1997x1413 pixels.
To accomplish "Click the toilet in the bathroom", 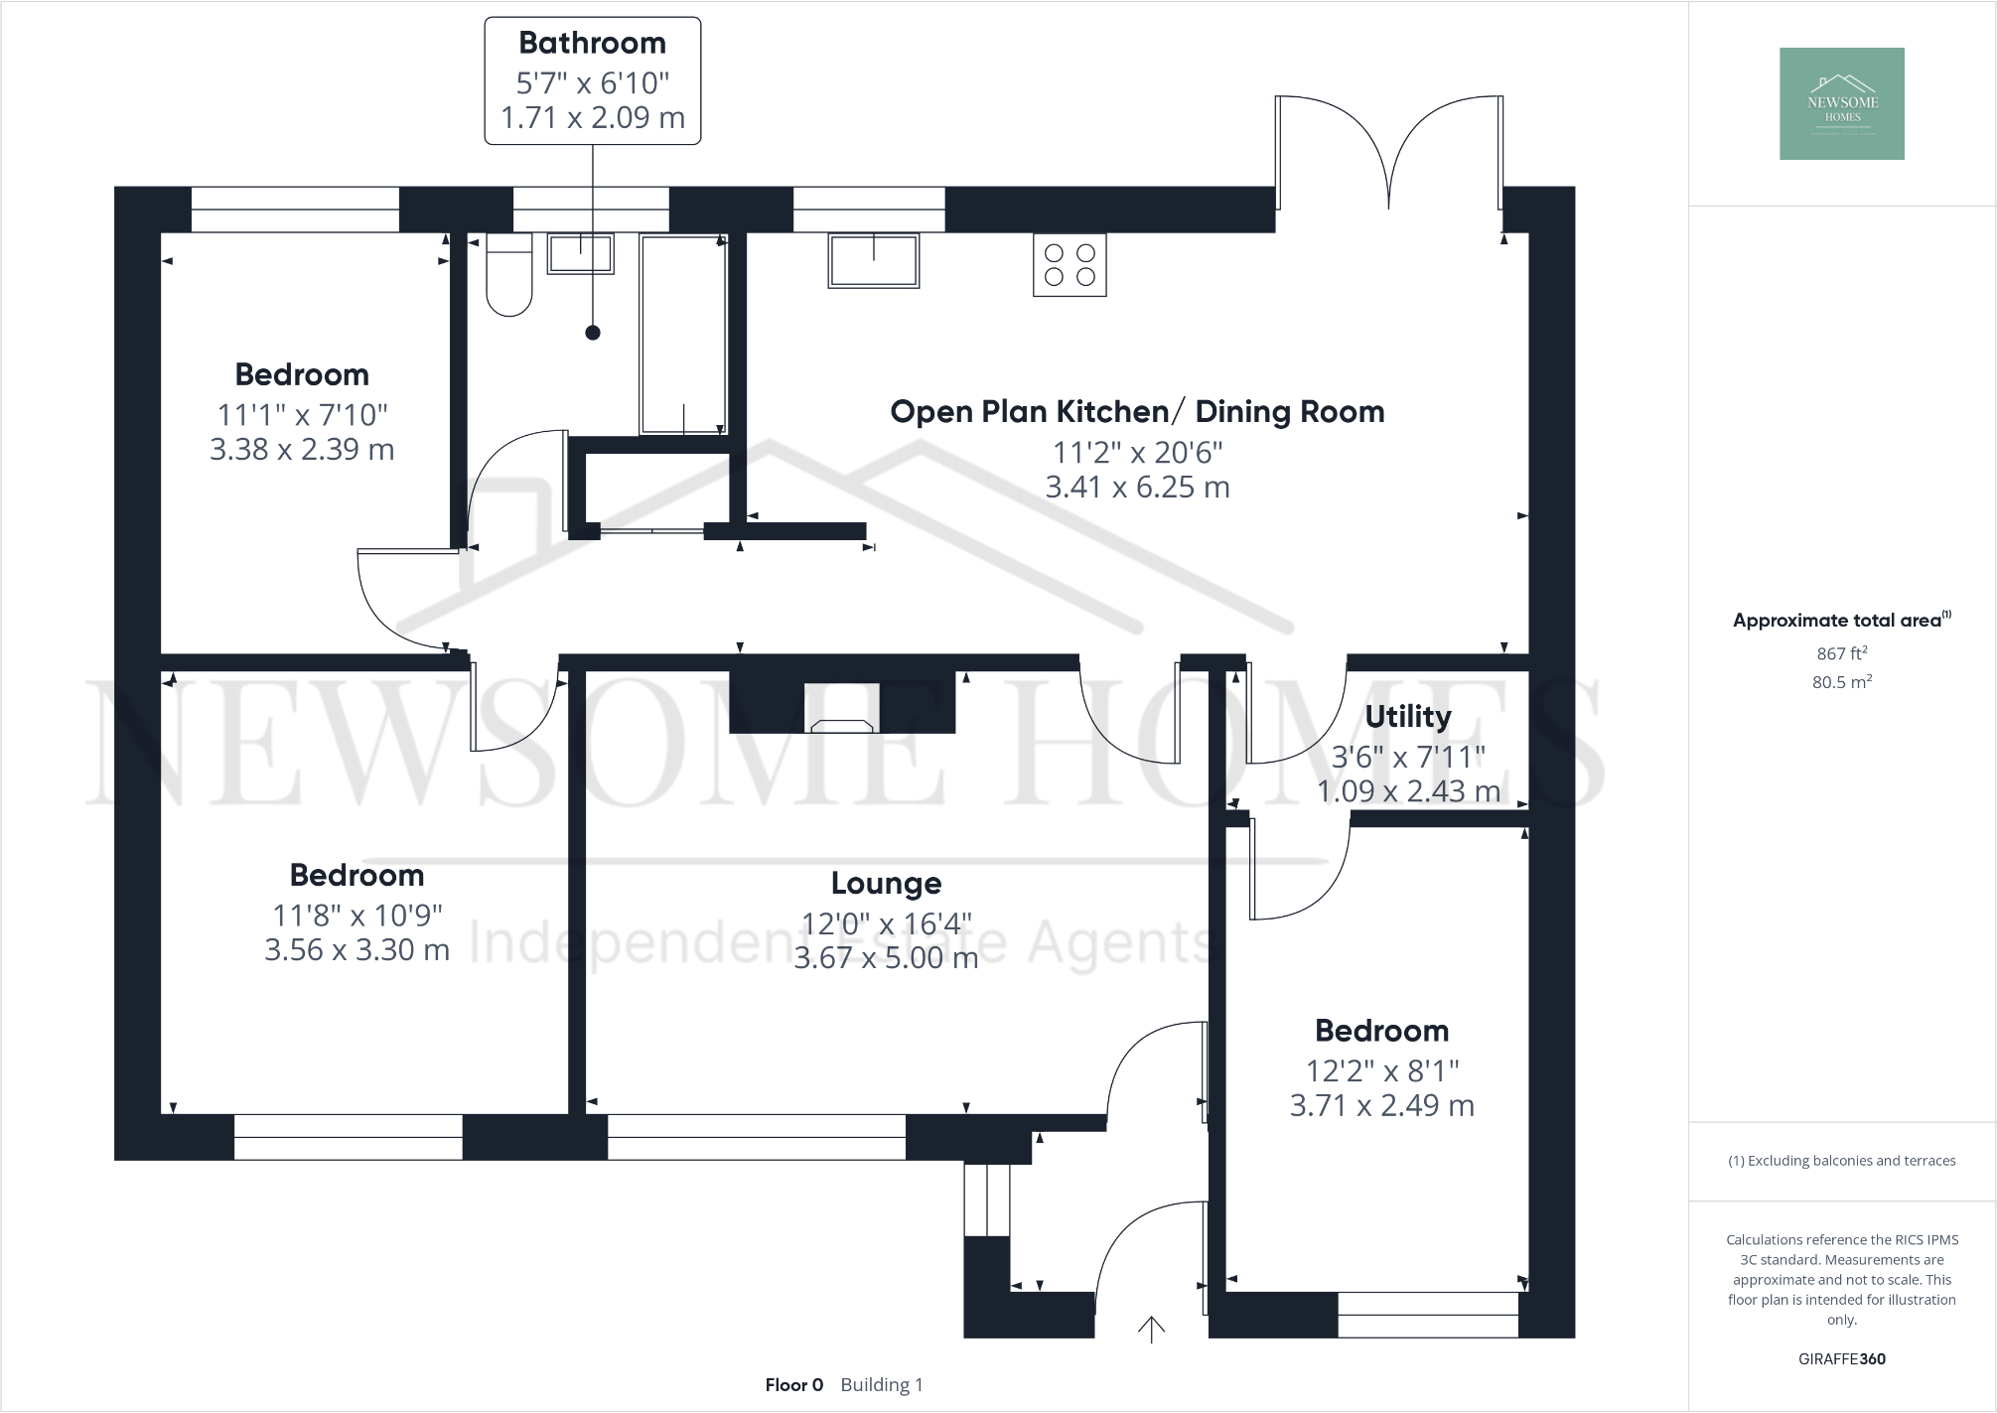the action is pyautogui.click(x=508, y=275).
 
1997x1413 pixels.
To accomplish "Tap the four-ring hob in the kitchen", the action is pyautogui.click(x=1070, y=265).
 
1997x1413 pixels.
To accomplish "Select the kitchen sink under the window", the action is pyautogui.click(x=873, y=260).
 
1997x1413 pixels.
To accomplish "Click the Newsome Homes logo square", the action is pyautogui.click(x=1841, y=103).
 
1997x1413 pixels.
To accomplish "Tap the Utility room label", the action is pyautogui.click(x=1407, y=716).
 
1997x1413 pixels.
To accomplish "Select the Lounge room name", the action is pyautogui.click(x=886, y=883).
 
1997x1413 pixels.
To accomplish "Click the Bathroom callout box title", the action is pyautogui.click(x=592, y=43).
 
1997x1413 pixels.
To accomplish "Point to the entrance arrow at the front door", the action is pyautogui.click(x=1151, y=1329).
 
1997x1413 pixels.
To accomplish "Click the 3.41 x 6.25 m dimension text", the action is pyautogui.click(x=1137, y=488).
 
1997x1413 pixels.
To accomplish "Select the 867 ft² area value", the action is pyautogui.click(x=1841, y=653).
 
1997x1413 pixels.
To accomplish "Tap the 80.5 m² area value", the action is pyautogui.click(x=1841, y=682).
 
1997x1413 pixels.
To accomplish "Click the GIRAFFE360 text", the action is pyautogui.click(x=1841, y=1358).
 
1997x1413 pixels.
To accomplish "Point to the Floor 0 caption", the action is pyautogui.click(x=793, y=1384).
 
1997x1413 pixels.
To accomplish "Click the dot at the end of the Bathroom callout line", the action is pyautogui.click(x=593, y=333).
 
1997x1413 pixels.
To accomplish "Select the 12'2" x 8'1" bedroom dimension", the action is pyautogui.click(x=1381, y=1070).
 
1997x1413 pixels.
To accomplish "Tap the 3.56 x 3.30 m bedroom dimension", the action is pyautogui.click(x=357, y=950).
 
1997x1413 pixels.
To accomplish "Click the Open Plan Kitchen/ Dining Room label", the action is pyautogui.click(x=1137, y=411).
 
